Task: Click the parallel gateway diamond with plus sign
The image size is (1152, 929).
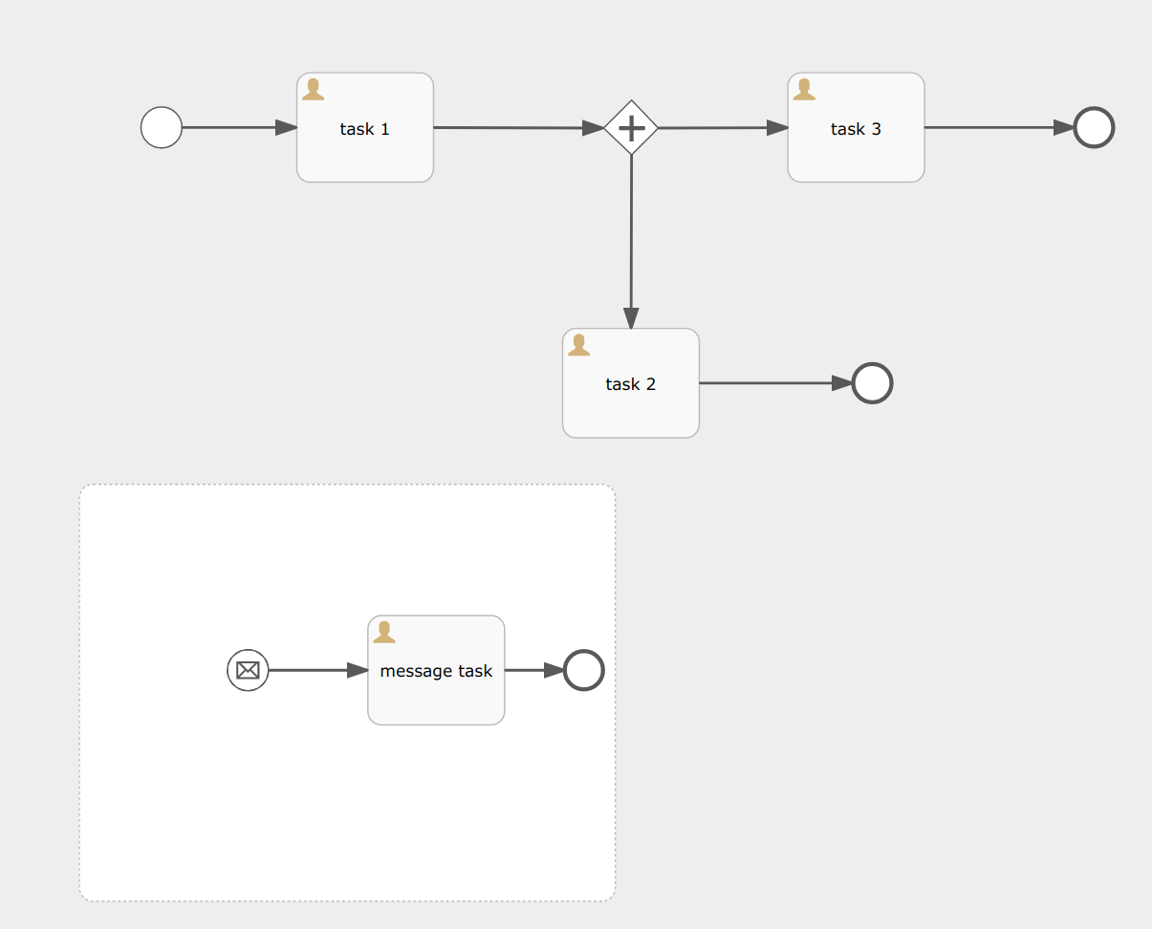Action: [x=631, y=127]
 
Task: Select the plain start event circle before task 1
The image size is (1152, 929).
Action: [x=162, y=127]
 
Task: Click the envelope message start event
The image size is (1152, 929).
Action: [x=248, y=670]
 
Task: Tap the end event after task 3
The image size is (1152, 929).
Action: [x=1094, y=127]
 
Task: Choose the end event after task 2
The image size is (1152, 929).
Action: [x=872, y=383]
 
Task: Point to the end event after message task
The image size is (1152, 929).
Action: [x=583, y=670]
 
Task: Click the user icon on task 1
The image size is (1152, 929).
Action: [x=313, y=90]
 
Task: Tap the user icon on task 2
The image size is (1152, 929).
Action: [x=578, y=345]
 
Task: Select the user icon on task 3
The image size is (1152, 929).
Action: [x=804, y=90]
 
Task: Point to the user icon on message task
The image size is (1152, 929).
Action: [x=384, y=632]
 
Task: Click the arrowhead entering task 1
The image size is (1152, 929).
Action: [x=287, y=127]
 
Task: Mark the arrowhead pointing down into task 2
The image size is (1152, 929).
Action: [x=631, y=319]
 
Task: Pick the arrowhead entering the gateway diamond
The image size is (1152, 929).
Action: [x=594, y=127]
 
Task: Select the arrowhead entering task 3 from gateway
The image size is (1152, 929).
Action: [x=778, y=127]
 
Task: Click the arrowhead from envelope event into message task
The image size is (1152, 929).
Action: [x=358, y=670]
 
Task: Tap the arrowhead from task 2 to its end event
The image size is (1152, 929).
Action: [x=841, y=383]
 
